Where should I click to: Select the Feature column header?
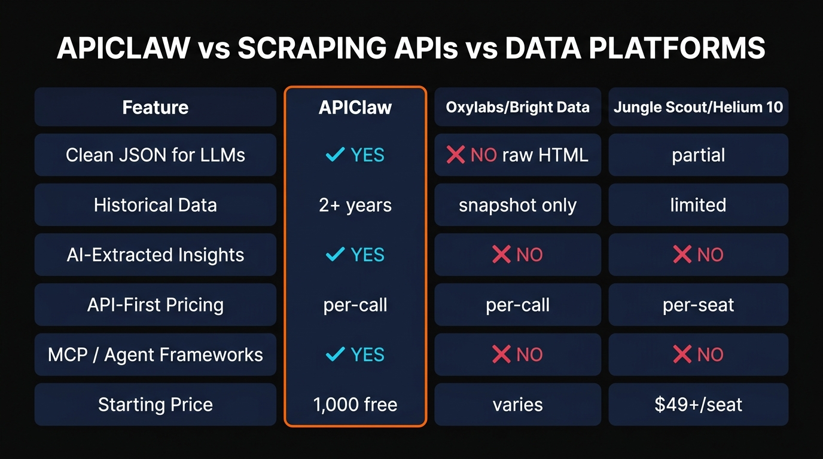click(x=156, y=107)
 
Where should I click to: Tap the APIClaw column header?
click(x=355, y=107)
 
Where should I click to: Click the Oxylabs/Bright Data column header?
click(x=518, y=107)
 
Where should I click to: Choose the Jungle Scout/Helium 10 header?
click(x=698, y=107)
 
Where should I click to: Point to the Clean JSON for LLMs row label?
click(x=156, y=155)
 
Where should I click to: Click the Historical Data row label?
click(x=156, y=205)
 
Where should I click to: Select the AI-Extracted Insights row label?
click(x=156, y=255)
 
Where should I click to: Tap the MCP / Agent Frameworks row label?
click(x=156, y=354)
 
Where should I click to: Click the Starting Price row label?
click(x=156, y=404)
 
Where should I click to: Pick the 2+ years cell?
click(x=355, y=205)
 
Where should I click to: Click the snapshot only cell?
click(x=518, y=205)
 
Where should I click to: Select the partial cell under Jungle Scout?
click(x=698, y=155)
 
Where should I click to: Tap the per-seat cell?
click(x=698, y=305)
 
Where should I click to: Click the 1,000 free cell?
click(x=355, y=404)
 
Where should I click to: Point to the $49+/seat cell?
click(x=698, y=404)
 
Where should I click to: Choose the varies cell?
click(x=518, y=404)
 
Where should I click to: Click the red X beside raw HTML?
click(x=456, y=155)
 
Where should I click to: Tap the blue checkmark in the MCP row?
click(x=334, y=354)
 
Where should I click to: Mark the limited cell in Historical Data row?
click(x=698, y=205)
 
